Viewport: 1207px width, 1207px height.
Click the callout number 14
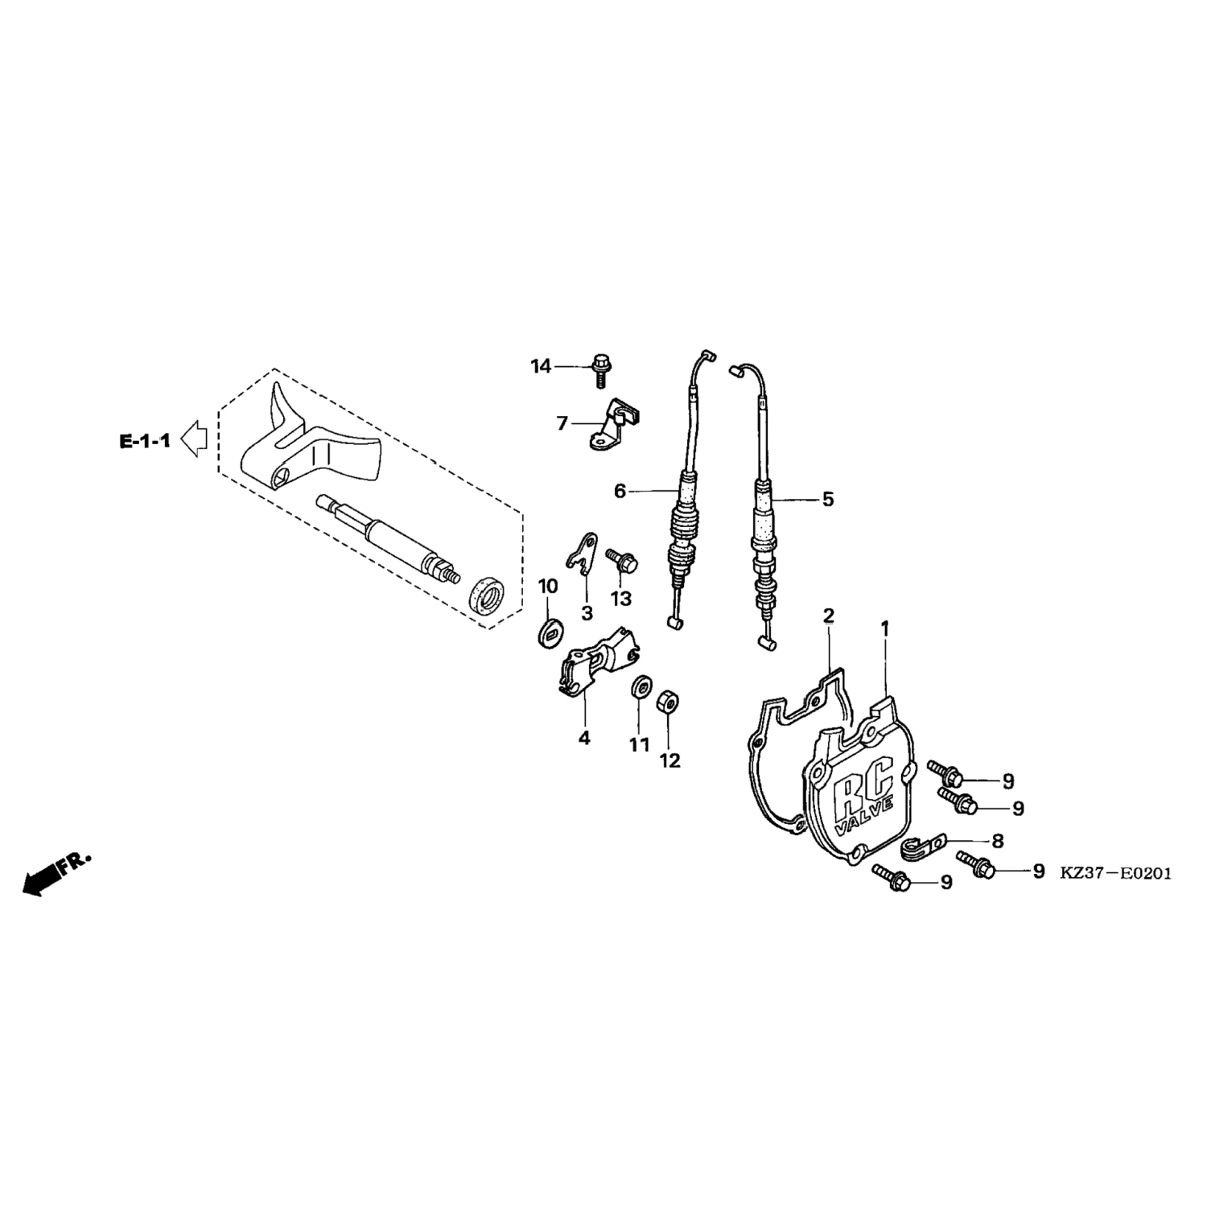coord(541,367)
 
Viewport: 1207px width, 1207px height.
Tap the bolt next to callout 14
coord(599,369)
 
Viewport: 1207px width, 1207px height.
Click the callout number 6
coord(620,490)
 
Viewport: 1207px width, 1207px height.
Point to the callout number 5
coord(828,499)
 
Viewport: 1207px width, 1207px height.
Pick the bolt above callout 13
coord(623,560)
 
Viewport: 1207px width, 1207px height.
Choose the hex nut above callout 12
coord(667,701)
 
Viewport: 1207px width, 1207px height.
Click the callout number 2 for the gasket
coord(828,616)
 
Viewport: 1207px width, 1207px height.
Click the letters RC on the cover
coord(859,784)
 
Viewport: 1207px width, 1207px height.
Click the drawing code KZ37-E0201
coord(1115,873)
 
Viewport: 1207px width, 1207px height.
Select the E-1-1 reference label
coord(145,441)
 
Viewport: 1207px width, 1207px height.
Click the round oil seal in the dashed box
coord(488,595)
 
